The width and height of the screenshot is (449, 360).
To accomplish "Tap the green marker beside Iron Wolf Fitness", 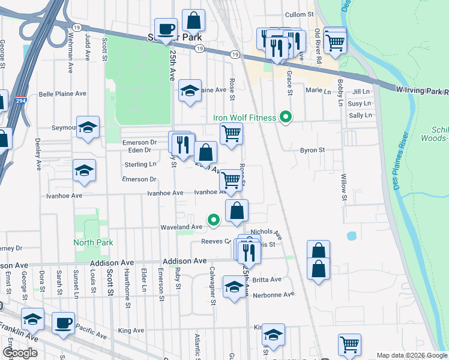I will [x=286, y=118].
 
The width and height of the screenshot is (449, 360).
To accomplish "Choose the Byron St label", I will [x=312, y=150].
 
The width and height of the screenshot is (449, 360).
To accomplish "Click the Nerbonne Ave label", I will [x=273, y=295].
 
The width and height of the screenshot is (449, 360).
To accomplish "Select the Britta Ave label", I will [x=267, y=280].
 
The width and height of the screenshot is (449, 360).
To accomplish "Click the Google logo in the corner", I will [x=20, y=353].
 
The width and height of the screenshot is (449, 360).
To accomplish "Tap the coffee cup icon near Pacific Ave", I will [x=63, y=323].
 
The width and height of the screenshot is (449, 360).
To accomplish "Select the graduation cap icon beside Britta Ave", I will [x=234, y=287].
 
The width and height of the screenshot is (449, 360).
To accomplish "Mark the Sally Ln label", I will [x=360, y=115].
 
